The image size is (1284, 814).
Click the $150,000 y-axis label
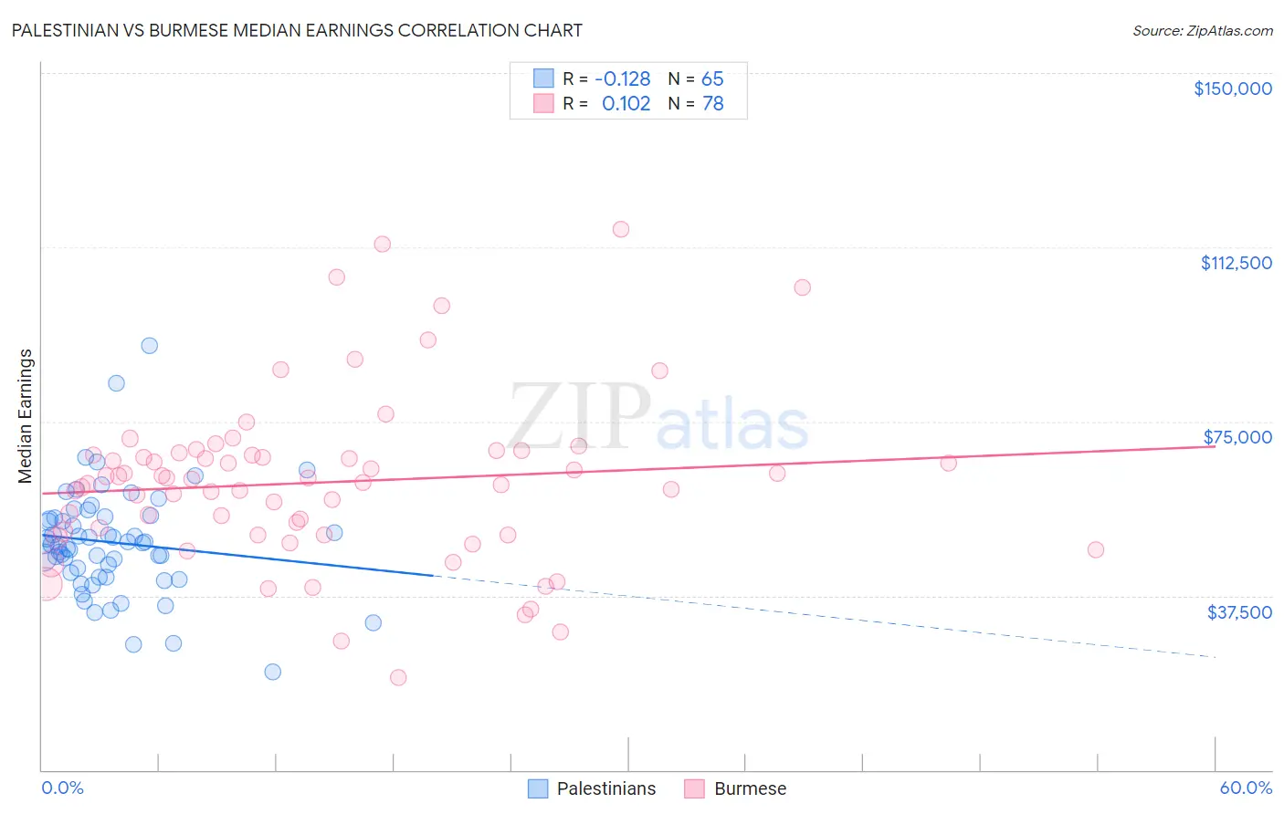pos(1232,89)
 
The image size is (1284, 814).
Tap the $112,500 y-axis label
pos(1236,263)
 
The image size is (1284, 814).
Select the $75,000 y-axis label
pos(1237,437)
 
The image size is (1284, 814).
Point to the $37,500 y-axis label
pos(1239,612)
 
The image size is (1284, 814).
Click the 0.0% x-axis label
pos(62,788)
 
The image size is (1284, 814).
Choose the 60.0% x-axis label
pos(1246,788)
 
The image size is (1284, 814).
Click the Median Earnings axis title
pos(26,415)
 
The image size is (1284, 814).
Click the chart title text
pos(297,30)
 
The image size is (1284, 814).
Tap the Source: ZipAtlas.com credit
pos(1202,30)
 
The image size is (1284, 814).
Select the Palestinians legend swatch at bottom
pos(539,788)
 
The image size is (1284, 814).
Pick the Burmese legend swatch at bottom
pos(695,788)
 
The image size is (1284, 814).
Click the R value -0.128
pos(623,78)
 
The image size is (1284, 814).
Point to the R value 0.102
pos(626,103)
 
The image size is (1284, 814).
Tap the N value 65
pos(712,78)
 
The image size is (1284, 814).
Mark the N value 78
pos(712,103)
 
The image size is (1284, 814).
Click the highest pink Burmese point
pos(621,229)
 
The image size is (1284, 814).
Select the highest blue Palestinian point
pos(149,346)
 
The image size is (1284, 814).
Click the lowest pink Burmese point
pos(398,677)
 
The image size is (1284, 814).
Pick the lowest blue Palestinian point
pos(272,672)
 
